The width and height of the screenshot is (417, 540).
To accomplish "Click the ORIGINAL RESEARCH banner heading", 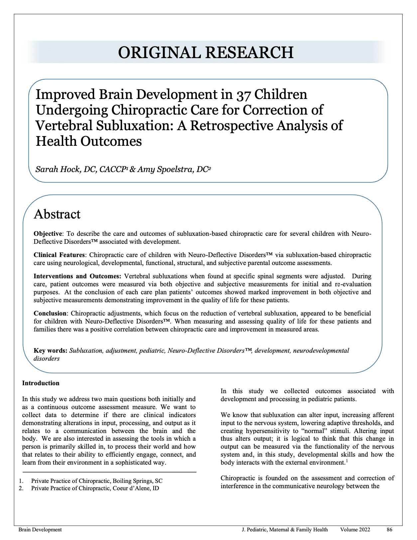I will click(206, 52).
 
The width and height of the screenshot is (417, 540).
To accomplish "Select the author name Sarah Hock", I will click(58, 169).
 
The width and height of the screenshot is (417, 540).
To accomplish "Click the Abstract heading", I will click(57, 214).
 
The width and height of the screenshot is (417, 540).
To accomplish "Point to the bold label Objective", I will click(48, 234).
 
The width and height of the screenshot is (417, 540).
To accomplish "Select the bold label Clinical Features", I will click(59, 255).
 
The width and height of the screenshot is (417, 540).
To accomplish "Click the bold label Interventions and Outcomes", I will click(77, 276).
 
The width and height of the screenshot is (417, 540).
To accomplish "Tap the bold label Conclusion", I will click(50, 314).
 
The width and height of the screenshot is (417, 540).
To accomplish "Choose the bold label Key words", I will click(51, 351).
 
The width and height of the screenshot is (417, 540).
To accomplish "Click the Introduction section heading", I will click(41, 383).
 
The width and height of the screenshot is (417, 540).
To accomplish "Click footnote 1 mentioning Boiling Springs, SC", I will click(96, 481).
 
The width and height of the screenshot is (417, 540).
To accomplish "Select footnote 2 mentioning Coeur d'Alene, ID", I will click(95, 488).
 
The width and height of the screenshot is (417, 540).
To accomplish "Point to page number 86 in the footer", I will click(389, 530).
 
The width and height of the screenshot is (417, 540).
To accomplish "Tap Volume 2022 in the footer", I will click(355, 530).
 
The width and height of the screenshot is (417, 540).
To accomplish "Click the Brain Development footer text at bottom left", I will click(40, 530).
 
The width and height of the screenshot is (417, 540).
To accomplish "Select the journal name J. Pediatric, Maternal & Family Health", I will click(285, 530).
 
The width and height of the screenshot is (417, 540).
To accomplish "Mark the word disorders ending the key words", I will click(47, 359).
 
